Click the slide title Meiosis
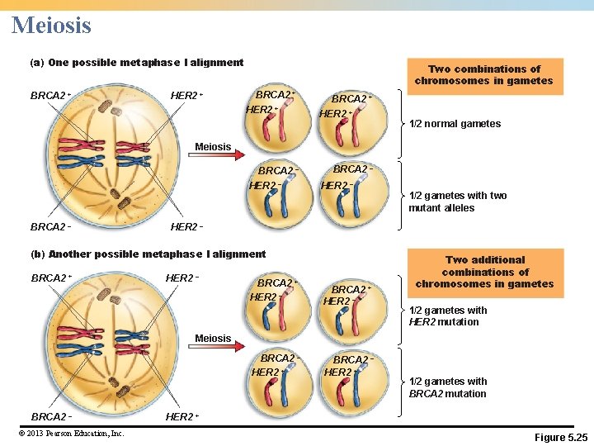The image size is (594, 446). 51,25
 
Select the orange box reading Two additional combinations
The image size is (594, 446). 484,272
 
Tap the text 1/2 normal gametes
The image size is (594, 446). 455,124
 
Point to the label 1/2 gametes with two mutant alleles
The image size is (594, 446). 457,202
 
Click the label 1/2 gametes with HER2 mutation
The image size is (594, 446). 448,316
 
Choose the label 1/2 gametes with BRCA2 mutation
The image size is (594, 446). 448,387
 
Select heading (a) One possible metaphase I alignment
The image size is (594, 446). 136,63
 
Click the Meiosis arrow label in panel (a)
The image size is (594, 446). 213,147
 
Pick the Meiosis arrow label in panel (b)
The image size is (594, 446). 213,339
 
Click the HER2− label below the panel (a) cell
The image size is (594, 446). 186,226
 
